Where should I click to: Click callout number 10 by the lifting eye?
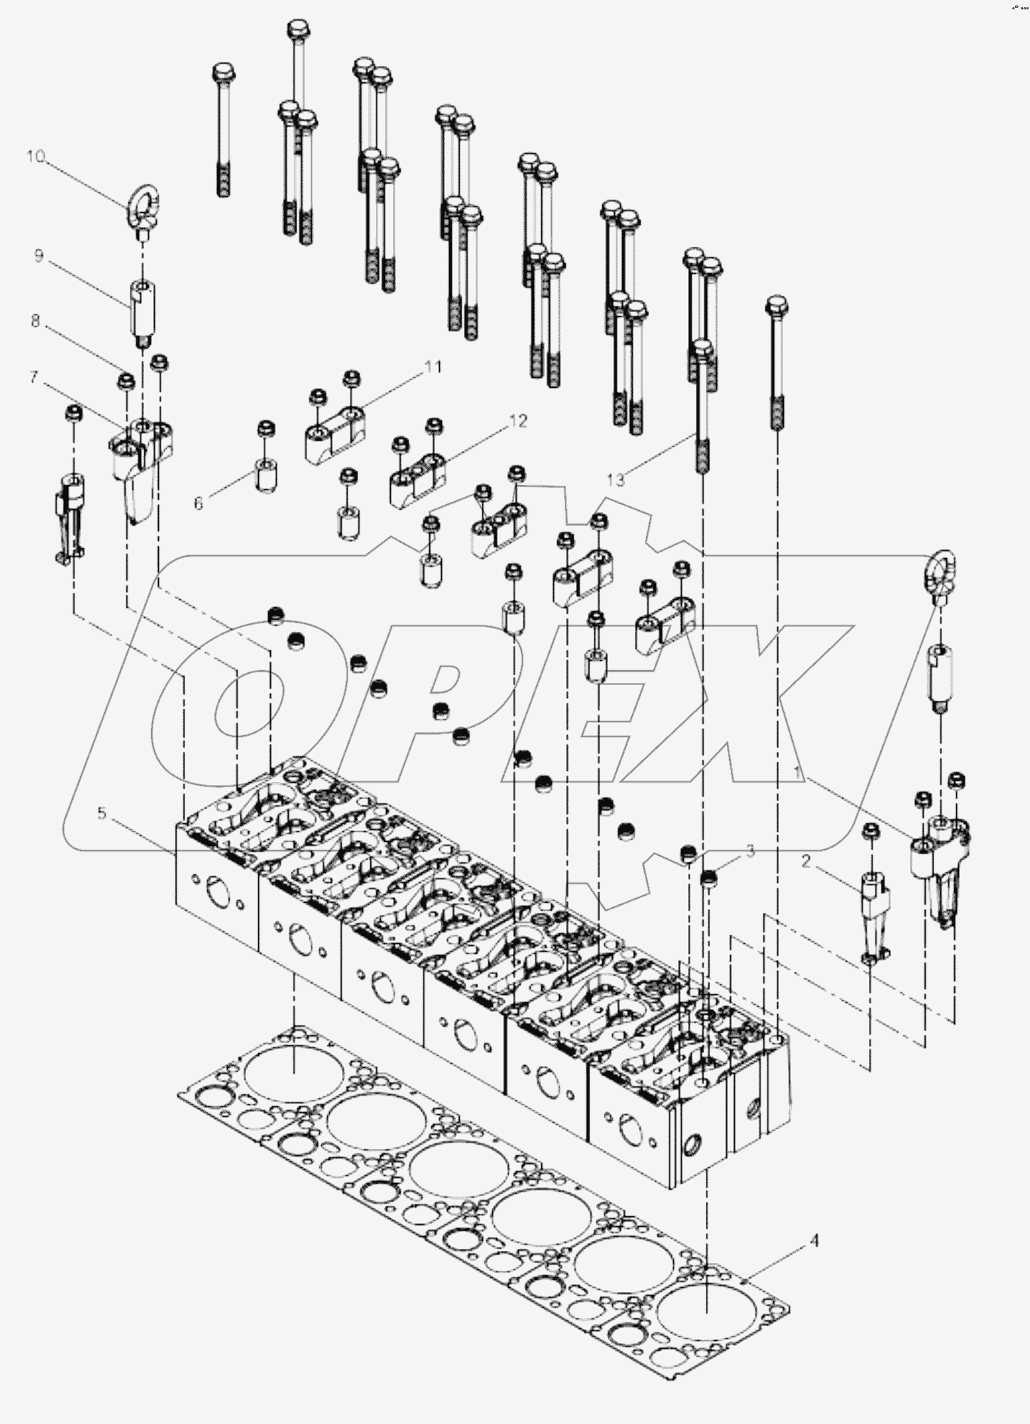point(35,157)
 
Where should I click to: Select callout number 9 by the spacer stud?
point(39,257)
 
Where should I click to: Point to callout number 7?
point(34,377)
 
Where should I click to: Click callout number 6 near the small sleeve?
point(198,504)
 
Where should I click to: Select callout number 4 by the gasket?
point(814,1240)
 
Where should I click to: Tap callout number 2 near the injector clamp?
point(805,862)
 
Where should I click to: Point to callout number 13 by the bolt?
point(616,480)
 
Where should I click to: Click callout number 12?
point(519,421)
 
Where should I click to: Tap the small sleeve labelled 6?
point(266,474)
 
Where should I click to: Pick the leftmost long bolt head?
point(223,72)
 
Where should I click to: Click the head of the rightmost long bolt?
point(777,306)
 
